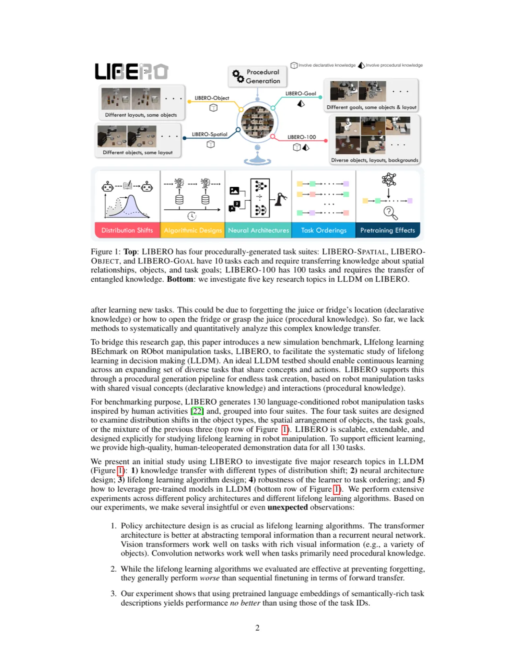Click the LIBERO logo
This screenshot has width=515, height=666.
pyautogui.click(x=131, y=71)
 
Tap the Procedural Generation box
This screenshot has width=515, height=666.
pyautogui.click(x=257, y=76)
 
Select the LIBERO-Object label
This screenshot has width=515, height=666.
pyautogui.click(x=212, y=98)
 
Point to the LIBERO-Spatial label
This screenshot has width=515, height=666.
pyautogui.click(x=210, y=134)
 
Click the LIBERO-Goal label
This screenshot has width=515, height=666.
pyautogui.click(x=301, y=94)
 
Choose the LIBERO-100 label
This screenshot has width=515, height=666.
pyautogui.click(x=301, y=137)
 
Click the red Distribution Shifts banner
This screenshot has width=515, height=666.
pyautogui.click(x=127, y=230)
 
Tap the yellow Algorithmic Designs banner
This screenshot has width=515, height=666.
pyautogui.click(x=193, y=230)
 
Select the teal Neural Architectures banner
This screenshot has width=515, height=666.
pyautogui.click(x=258, y=230)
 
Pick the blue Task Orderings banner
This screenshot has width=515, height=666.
pyautogui.click(x=323, y=230)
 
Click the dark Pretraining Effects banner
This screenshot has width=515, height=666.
pyautogui.click(x=388, y=230)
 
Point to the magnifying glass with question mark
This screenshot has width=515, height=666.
pyautogui.click(x=390, y=213)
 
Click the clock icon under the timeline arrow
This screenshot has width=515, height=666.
pyautogui.click(x=192, y=216)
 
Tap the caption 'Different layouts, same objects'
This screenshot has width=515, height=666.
pyautogui.click(x=141, y=115)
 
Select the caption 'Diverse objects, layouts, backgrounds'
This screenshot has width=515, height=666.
pyautogui.click(x=375, y=160)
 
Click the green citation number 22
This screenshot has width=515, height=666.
pyautogui.click(x=197, y=411)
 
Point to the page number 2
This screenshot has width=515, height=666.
pyautogui.click(x=257, y=627)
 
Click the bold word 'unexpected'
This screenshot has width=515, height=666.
pyautogui.click(x=287, y=507)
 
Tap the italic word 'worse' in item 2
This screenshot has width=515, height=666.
pyautogui.click(x=210, y=578)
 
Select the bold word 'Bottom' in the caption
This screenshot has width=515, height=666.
pyautogui.click(x=180, y=279)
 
